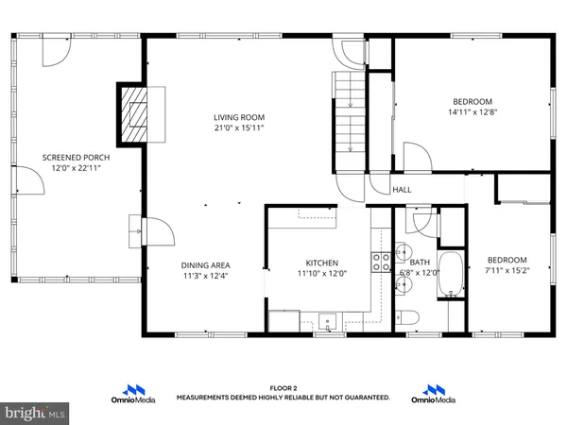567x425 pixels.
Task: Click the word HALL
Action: (403, 190)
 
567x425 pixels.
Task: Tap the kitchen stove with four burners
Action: (382, 262)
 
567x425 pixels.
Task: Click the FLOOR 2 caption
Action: (283, 387)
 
